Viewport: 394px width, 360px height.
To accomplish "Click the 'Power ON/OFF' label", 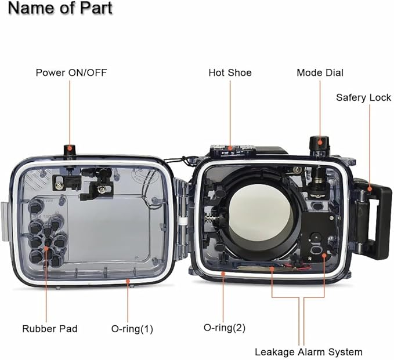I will click(x=71, y=72).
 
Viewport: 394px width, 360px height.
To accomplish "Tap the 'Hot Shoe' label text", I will click(x=230, y=72).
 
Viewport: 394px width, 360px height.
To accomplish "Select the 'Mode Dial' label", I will click(x=320, y=72).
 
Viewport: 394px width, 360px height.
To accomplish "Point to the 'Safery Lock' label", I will click(x=363, y=97).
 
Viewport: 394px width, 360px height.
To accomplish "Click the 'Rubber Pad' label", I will click(x=49, y=329).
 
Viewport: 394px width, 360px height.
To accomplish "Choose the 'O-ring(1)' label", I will click(x=132, y=329).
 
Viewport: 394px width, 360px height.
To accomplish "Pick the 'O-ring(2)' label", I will click(x=224, y=328).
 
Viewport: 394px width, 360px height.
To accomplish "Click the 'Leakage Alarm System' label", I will click(x=309, y=352).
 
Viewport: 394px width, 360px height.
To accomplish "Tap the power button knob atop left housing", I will click(x=71, y=151).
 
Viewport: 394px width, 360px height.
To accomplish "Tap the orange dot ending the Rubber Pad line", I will click(x=46, y=250).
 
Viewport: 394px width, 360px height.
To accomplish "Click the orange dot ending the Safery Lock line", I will click(x=369, y=188).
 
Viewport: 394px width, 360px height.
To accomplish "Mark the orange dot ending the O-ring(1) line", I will click(x=128, y=281).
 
